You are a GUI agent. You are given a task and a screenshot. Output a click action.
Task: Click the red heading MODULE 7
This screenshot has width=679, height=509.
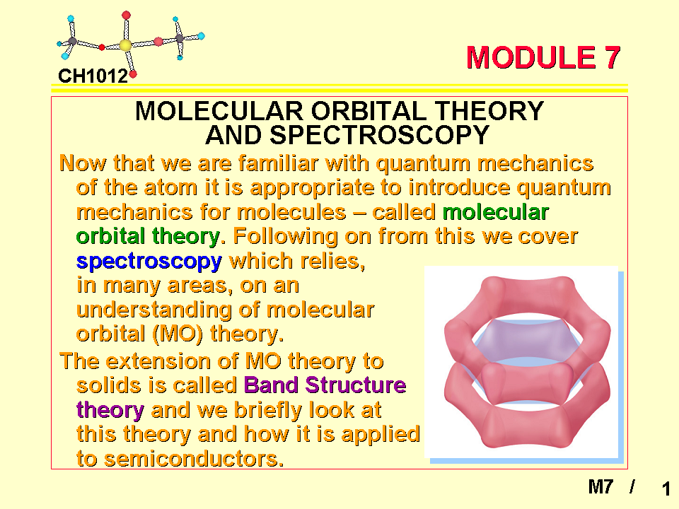(x=543, y=57)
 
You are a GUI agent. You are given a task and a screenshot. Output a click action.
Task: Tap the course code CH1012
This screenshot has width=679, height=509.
(x=93, y=76)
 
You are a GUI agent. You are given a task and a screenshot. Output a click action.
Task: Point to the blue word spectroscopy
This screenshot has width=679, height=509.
(x=149, y=262)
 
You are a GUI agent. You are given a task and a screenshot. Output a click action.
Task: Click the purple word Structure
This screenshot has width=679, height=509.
(x=356, y=385)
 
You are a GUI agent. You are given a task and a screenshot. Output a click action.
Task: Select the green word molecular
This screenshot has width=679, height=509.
(x=495, y=212)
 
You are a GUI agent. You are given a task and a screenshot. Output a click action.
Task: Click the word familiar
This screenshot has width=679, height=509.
(x=278, y=163)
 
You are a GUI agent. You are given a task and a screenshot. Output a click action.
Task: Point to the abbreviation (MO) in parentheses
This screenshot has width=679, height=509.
(x=178, y=334)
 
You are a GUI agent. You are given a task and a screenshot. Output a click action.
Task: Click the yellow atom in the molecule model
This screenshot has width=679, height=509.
(x=125, y=45)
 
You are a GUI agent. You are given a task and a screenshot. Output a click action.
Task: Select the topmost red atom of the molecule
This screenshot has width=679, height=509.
(x=126, y=16)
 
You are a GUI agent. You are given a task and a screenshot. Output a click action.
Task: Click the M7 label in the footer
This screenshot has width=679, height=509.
(x=600, y=486)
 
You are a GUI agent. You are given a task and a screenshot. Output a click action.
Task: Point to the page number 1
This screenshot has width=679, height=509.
(x=666, y=489)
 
